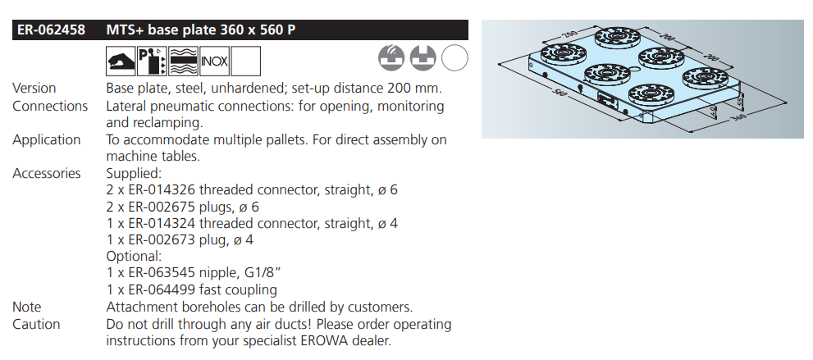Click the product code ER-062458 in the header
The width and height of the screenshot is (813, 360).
point(51,30)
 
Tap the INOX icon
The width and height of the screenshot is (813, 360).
point(215,62)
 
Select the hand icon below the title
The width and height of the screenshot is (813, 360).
point(121,62)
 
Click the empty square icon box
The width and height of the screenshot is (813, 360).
point(246,62)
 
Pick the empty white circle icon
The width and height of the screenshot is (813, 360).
point(454,57)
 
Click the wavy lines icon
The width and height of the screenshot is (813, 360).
point(184,62)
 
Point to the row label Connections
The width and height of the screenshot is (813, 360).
point(50,106)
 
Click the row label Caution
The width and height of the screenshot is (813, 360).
point(36,324)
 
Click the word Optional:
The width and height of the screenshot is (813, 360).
point(134,257)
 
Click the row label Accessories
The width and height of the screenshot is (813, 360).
point(47,173)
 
